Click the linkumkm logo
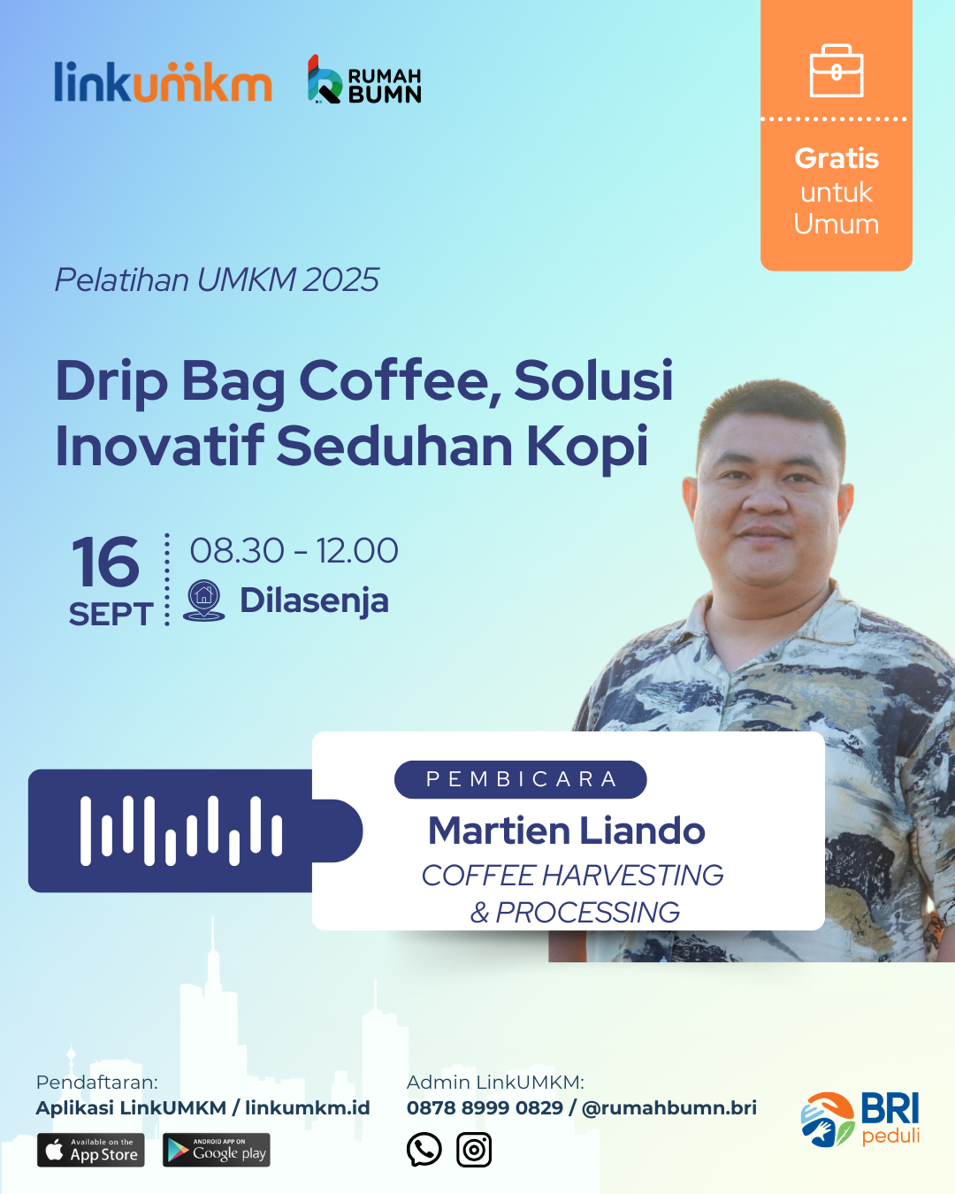click(163, 81)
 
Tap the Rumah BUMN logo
click(364, 80)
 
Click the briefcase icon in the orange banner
click(837, 71)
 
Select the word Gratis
click(837, 158)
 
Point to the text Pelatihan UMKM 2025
click(217, 279)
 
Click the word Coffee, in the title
click(401, 381)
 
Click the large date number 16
click(105, 562)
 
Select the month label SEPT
click(111, 614)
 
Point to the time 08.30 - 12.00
click(294, 550)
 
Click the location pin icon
click(203, 601)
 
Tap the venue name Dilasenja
click(314, 601)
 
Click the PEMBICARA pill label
click(521, 779)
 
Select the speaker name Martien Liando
click(567, 831)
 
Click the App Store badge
click(91, 1150)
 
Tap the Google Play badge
click(217, 1150)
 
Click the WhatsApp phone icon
click(424, 1149)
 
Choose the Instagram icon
click(474, 1150)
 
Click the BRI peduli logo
click(860, 1119)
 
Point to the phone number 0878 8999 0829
click(485, 1108)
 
